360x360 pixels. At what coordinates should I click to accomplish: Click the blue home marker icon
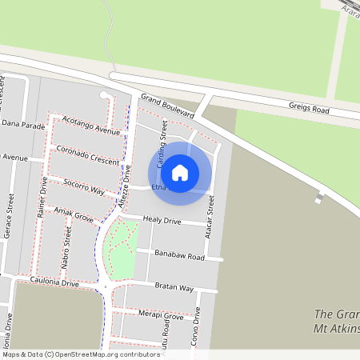click(x=180, y=172)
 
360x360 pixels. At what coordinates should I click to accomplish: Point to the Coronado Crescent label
click(x=88, y=155)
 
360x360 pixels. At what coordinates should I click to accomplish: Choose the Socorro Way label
click(x=84, y=186)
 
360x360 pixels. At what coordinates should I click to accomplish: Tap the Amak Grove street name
click(x=74, y=214)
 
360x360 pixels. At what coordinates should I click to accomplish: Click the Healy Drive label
click(x=162, y=220)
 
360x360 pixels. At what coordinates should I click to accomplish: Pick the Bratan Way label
click(x=174, y=287)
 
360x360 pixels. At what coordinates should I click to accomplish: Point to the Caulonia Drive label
click(x=54, y=282)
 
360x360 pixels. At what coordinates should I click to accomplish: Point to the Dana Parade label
click(x=23, y=125)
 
